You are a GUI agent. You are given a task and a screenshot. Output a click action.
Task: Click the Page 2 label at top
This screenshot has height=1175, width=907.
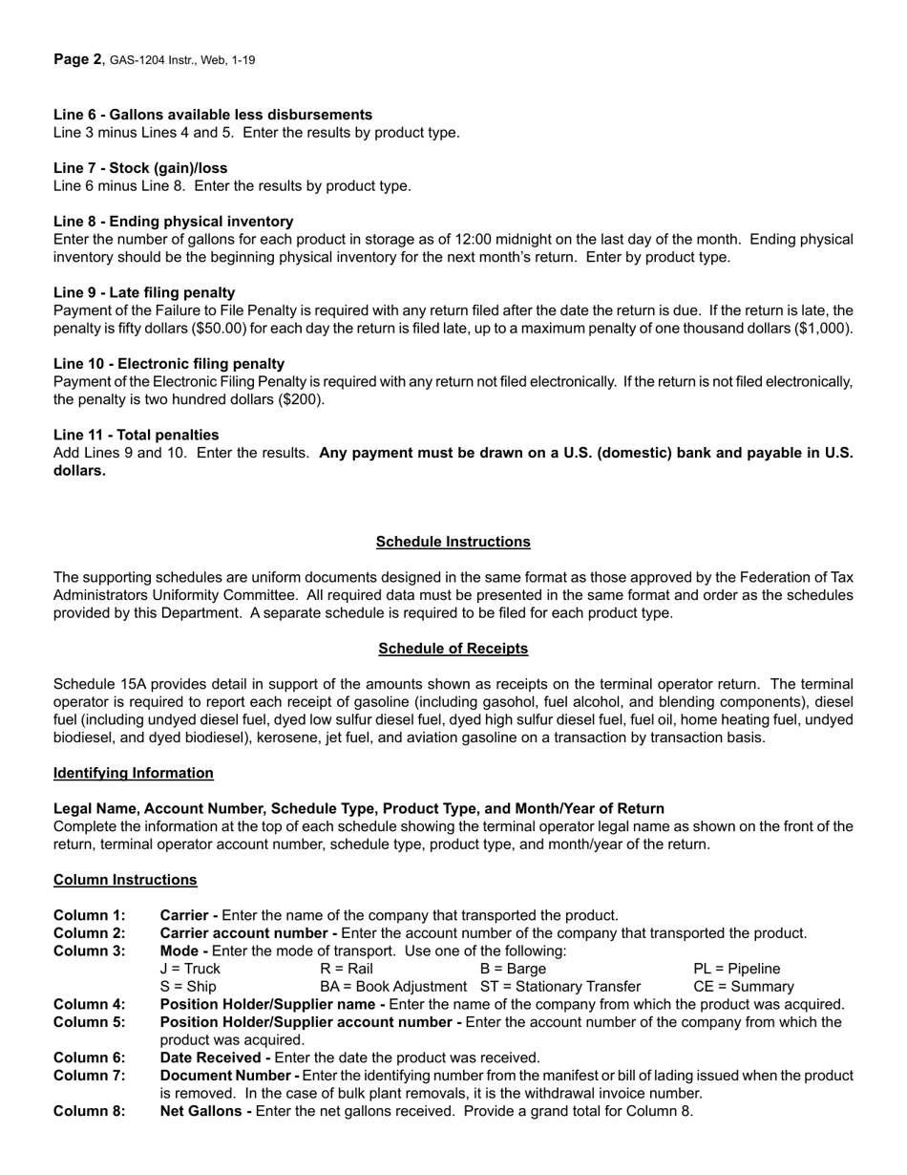pyautogui.click(x=77, y=59)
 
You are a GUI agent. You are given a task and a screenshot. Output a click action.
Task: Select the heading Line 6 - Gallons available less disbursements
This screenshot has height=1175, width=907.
pyautogui.click(x=213, y=115)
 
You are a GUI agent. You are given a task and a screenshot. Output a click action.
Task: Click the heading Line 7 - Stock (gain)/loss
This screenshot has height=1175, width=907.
pyautogui.click(x=140, y=168)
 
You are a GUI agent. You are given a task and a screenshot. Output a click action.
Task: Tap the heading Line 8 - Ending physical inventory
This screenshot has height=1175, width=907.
pyautogui.click(x=173, y=222)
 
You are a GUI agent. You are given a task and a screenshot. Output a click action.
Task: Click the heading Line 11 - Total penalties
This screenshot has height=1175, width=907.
pyautogui.click(x=136, y=435)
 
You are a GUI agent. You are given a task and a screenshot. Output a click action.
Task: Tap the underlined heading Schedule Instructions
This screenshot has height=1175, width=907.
pyautogui.click(x=453, y=542)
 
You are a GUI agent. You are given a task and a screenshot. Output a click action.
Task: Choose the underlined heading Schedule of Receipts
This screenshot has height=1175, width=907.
pyautogui.click(x=453, y=649)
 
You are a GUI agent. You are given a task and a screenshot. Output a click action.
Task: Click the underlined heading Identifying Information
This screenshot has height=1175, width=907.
pyautogui.click(x=133, y=773)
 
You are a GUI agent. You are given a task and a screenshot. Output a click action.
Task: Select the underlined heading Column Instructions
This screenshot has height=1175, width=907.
pyautogui.click(x=125, y=880)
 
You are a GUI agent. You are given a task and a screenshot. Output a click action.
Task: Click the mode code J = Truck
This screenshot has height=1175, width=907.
pyautogui.click(x=190, y=969)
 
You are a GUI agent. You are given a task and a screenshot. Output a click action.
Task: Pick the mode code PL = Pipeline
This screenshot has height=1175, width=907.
pyautogui.click(x=736, y=969)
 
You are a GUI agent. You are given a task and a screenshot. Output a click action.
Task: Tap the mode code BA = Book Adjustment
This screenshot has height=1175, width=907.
pyautogui.click(x=393, y=986)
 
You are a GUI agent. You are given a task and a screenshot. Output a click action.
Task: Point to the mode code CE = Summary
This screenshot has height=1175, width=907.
pyautogui.click(x=743, y=986)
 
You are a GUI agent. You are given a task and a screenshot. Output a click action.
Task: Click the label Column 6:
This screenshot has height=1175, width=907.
pyautogui.click(x=89, y=1057)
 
